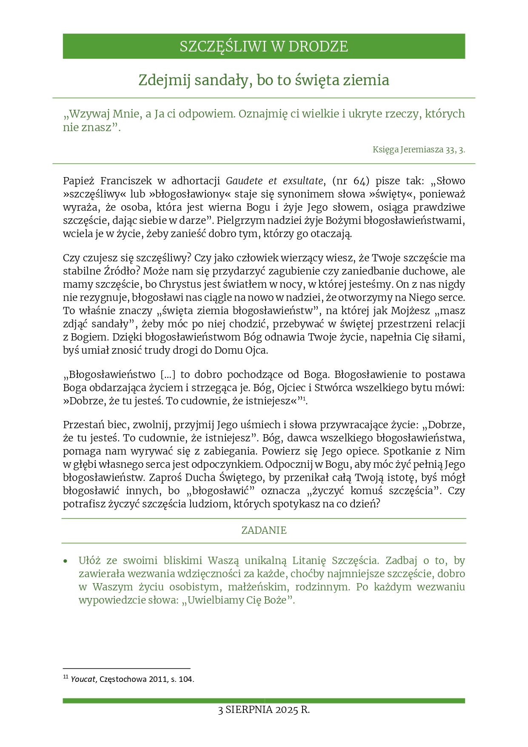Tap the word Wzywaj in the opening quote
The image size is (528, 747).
(x=89, y=114)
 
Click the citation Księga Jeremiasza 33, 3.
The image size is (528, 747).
(x=419, y=149)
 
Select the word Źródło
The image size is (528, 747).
(x=120, y=271)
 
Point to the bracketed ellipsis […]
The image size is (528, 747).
(x=168, y=375)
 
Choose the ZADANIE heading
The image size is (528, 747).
(x=264, y=530)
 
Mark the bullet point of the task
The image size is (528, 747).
(x=65, y=561)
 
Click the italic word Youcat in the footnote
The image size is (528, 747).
(x=83, y=679)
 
